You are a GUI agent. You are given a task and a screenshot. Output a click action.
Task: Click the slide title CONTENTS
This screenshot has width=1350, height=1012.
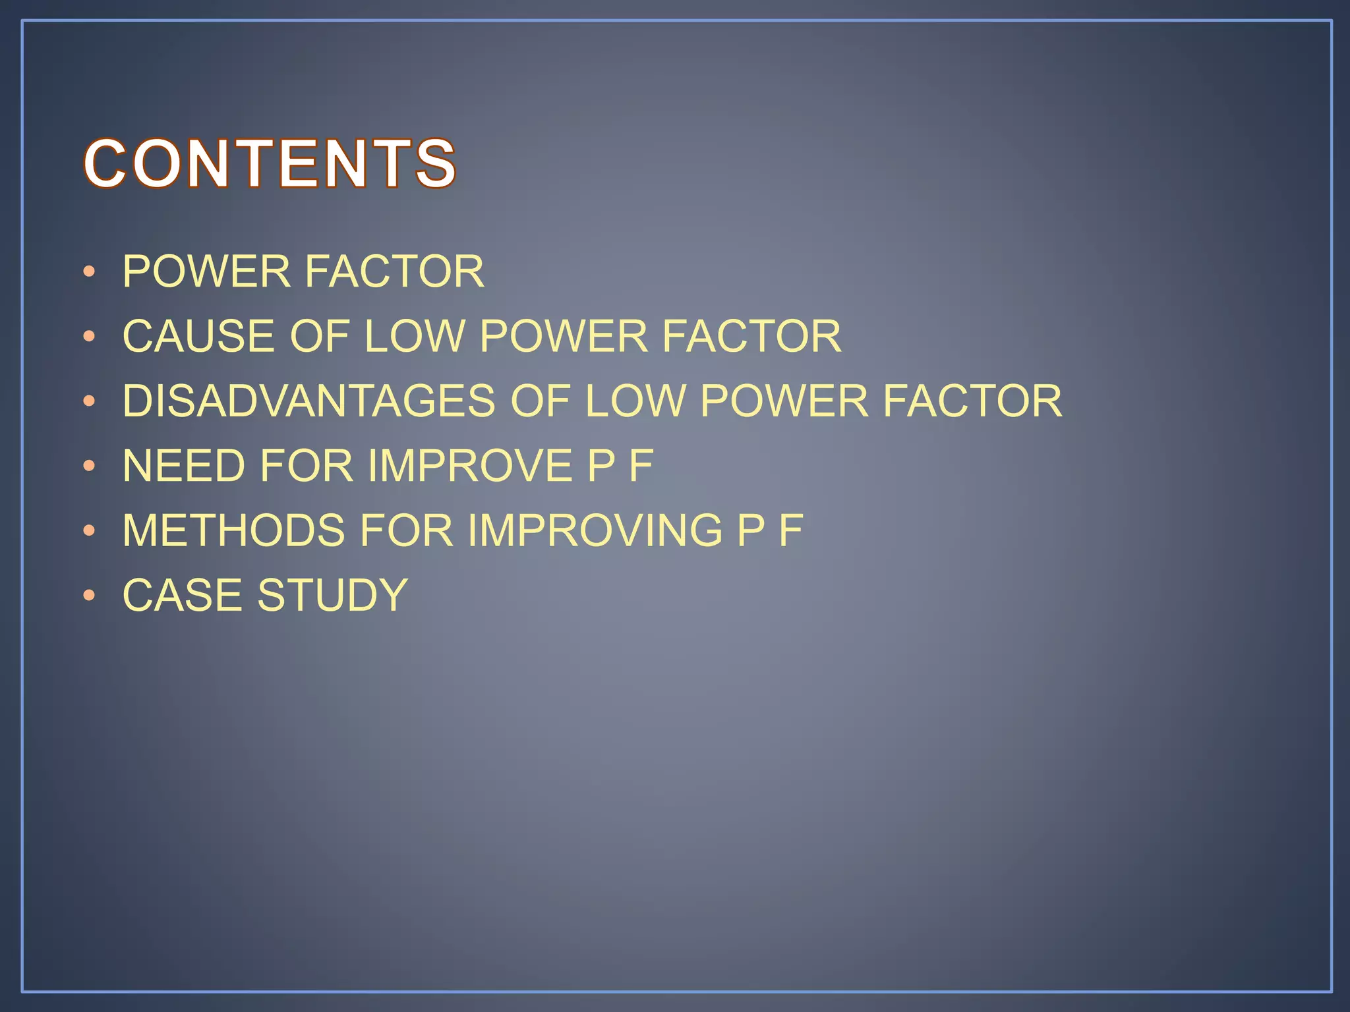click(x=270, y=163)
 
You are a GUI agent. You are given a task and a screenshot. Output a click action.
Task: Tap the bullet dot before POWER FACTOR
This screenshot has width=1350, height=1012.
click(x=90, y=272)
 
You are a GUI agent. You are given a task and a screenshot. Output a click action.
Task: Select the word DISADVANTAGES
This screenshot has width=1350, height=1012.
click(x=308, y=401)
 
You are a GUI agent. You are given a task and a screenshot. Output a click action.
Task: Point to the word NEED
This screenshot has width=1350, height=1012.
click(x=183, y=466)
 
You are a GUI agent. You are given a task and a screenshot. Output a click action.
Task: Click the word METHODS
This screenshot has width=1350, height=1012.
click(x=233, y=530)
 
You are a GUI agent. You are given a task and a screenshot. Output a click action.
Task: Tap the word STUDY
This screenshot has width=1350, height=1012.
click(x=332, y=595)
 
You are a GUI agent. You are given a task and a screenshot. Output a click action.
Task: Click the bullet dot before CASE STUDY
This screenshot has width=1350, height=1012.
click(x=90, y=596)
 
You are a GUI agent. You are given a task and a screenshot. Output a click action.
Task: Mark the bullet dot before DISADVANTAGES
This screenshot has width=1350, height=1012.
click(x=90, y=401)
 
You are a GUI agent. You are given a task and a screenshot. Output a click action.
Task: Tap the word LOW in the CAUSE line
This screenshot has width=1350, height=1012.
click(x=415, y=336)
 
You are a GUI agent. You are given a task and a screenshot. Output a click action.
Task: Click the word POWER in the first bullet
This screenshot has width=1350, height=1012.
click(x=206, y=271)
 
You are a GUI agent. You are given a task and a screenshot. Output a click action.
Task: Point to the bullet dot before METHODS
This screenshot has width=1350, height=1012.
click(x=90, y=531)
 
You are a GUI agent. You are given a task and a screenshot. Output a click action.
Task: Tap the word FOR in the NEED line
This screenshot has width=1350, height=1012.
click(x=307, y=466)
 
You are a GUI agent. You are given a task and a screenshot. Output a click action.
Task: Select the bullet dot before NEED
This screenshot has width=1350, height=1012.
click(x=90, y=466)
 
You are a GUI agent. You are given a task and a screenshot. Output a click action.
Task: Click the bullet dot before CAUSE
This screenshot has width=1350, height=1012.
click(x=90, y=337)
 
